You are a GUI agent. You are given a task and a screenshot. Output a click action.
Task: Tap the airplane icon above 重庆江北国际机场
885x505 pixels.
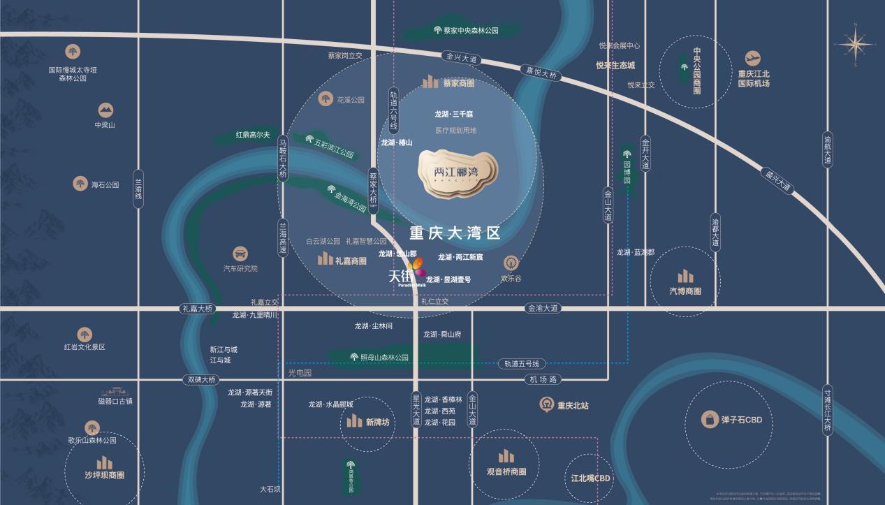point(752,59)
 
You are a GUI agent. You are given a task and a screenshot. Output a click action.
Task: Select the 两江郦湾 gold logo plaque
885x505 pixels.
point(458,171)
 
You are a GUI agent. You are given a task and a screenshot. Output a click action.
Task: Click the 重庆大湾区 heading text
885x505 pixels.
point(455,233)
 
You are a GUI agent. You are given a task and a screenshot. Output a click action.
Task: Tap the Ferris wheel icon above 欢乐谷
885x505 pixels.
point(511,263)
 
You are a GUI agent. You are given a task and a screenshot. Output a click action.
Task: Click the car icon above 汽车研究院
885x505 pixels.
point(240,254)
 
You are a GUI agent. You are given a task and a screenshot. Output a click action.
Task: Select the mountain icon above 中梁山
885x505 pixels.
point(105,110)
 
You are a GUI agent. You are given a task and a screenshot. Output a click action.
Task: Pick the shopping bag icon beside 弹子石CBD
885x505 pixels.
point(710,420)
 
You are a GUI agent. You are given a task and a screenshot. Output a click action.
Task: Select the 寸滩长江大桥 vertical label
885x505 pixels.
point(828,410)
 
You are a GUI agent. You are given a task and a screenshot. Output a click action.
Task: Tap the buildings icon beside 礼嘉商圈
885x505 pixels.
point(326,259)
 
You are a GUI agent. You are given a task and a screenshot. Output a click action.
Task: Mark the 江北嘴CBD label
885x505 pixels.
point(590,478)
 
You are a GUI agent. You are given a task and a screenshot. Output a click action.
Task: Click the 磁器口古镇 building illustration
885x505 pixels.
point(115,392)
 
